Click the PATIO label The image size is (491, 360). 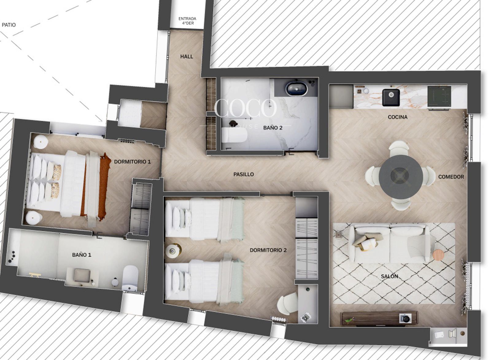9,25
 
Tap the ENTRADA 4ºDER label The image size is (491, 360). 187,21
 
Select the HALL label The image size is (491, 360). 187,57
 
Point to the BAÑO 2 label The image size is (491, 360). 273,128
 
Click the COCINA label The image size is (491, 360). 398,117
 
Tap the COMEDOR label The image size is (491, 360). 451,177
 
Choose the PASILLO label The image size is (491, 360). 244,174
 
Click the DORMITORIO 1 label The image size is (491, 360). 132,162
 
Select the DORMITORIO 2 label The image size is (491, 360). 268,250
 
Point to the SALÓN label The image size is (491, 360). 389,276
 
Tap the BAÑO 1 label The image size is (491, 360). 82,255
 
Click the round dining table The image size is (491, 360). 401,177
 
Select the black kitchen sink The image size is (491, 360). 391,97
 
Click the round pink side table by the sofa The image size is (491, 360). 439,255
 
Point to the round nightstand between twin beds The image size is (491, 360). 173,251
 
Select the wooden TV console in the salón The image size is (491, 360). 379,318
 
